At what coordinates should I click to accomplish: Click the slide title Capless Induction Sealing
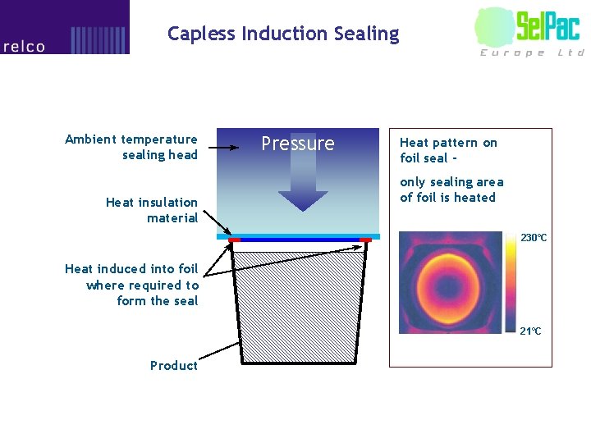pyautogui.click(x=283, y=34)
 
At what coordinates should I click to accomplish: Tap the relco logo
pyautogui.click(x=25, y=47)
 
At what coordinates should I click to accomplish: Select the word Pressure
pyautogui.click(x=298, y=144)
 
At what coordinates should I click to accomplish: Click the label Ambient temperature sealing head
pyautogui.click(x=131, y=147)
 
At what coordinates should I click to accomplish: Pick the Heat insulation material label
pyautogui.click(x=152, y=210)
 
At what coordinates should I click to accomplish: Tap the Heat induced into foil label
pyautogui.click(x=132, y=285)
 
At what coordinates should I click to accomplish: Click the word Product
pyautogui.click(x=174, y=366)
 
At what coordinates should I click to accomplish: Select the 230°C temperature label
pyautogui.click(x=534, y=238)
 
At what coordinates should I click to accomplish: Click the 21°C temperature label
pyautogui.click(x=530, y=331)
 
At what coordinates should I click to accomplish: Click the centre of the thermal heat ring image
pyautogui.click(x=448, y=283)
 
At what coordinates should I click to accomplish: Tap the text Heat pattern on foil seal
pyautogui.click(x=448, y=150)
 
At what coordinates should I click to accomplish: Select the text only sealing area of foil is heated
pyautogui.click(x=451, y=190)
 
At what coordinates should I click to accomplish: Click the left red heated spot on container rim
pyautogui.click(x=234, y=240)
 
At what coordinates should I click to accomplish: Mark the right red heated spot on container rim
pyautogui.click(x=365, y=240)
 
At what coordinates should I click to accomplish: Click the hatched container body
pyautogui.click(x=300, y=304)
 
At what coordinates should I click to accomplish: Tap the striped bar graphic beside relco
pyautogui.click(x=98, y=39)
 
